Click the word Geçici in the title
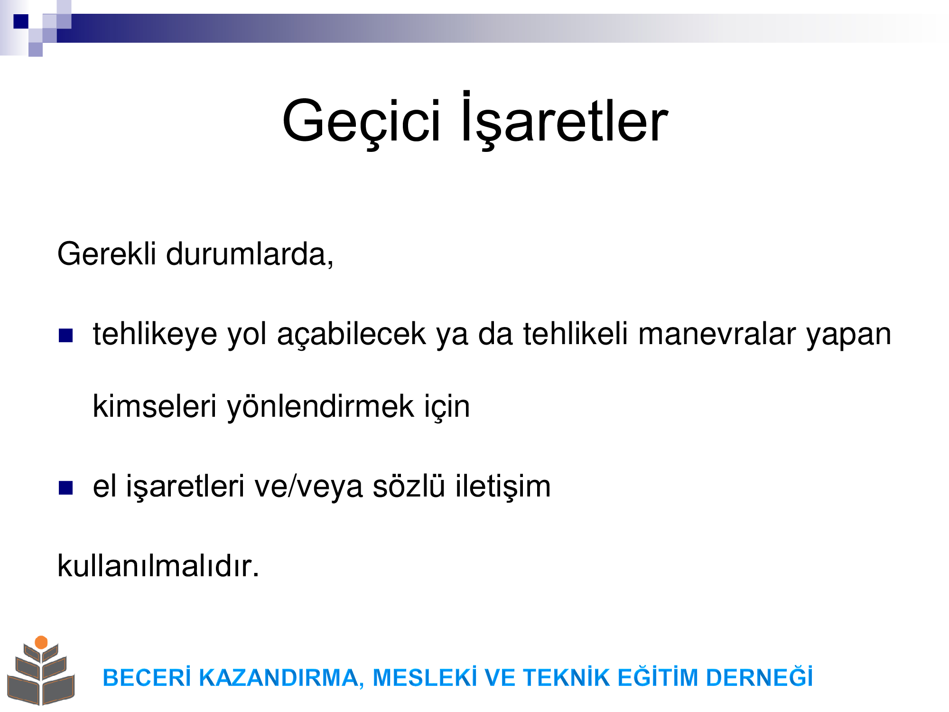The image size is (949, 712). point(362,122)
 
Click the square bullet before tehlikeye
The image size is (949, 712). point(65,336)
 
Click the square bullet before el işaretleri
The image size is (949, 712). point(65,487)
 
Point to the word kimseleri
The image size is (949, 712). point(154,406)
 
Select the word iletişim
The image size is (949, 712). point(503,487)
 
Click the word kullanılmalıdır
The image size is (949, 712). point(158,565)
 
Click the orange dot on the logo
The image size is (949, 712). point(41,642)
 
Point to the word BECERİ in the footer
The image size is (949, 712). point(147,677)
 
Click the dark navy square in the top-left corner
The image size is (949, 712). point(21,21)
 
